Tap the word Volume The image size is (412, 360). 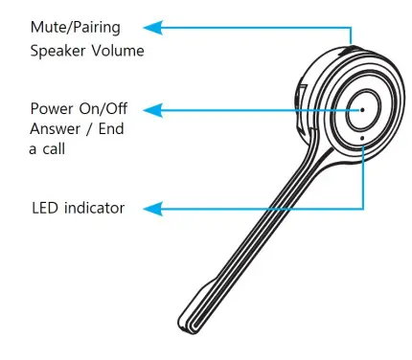[x=119, y=51]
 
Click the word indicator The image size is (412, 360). [x=94, y=207]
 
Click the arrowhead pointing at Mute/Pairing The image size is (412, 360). [x=163, y=29]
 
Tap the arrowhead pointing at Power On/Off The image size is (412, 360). [x=163, y=110]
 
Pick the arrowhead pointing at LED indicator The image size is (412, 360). [x=163, y=207]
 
